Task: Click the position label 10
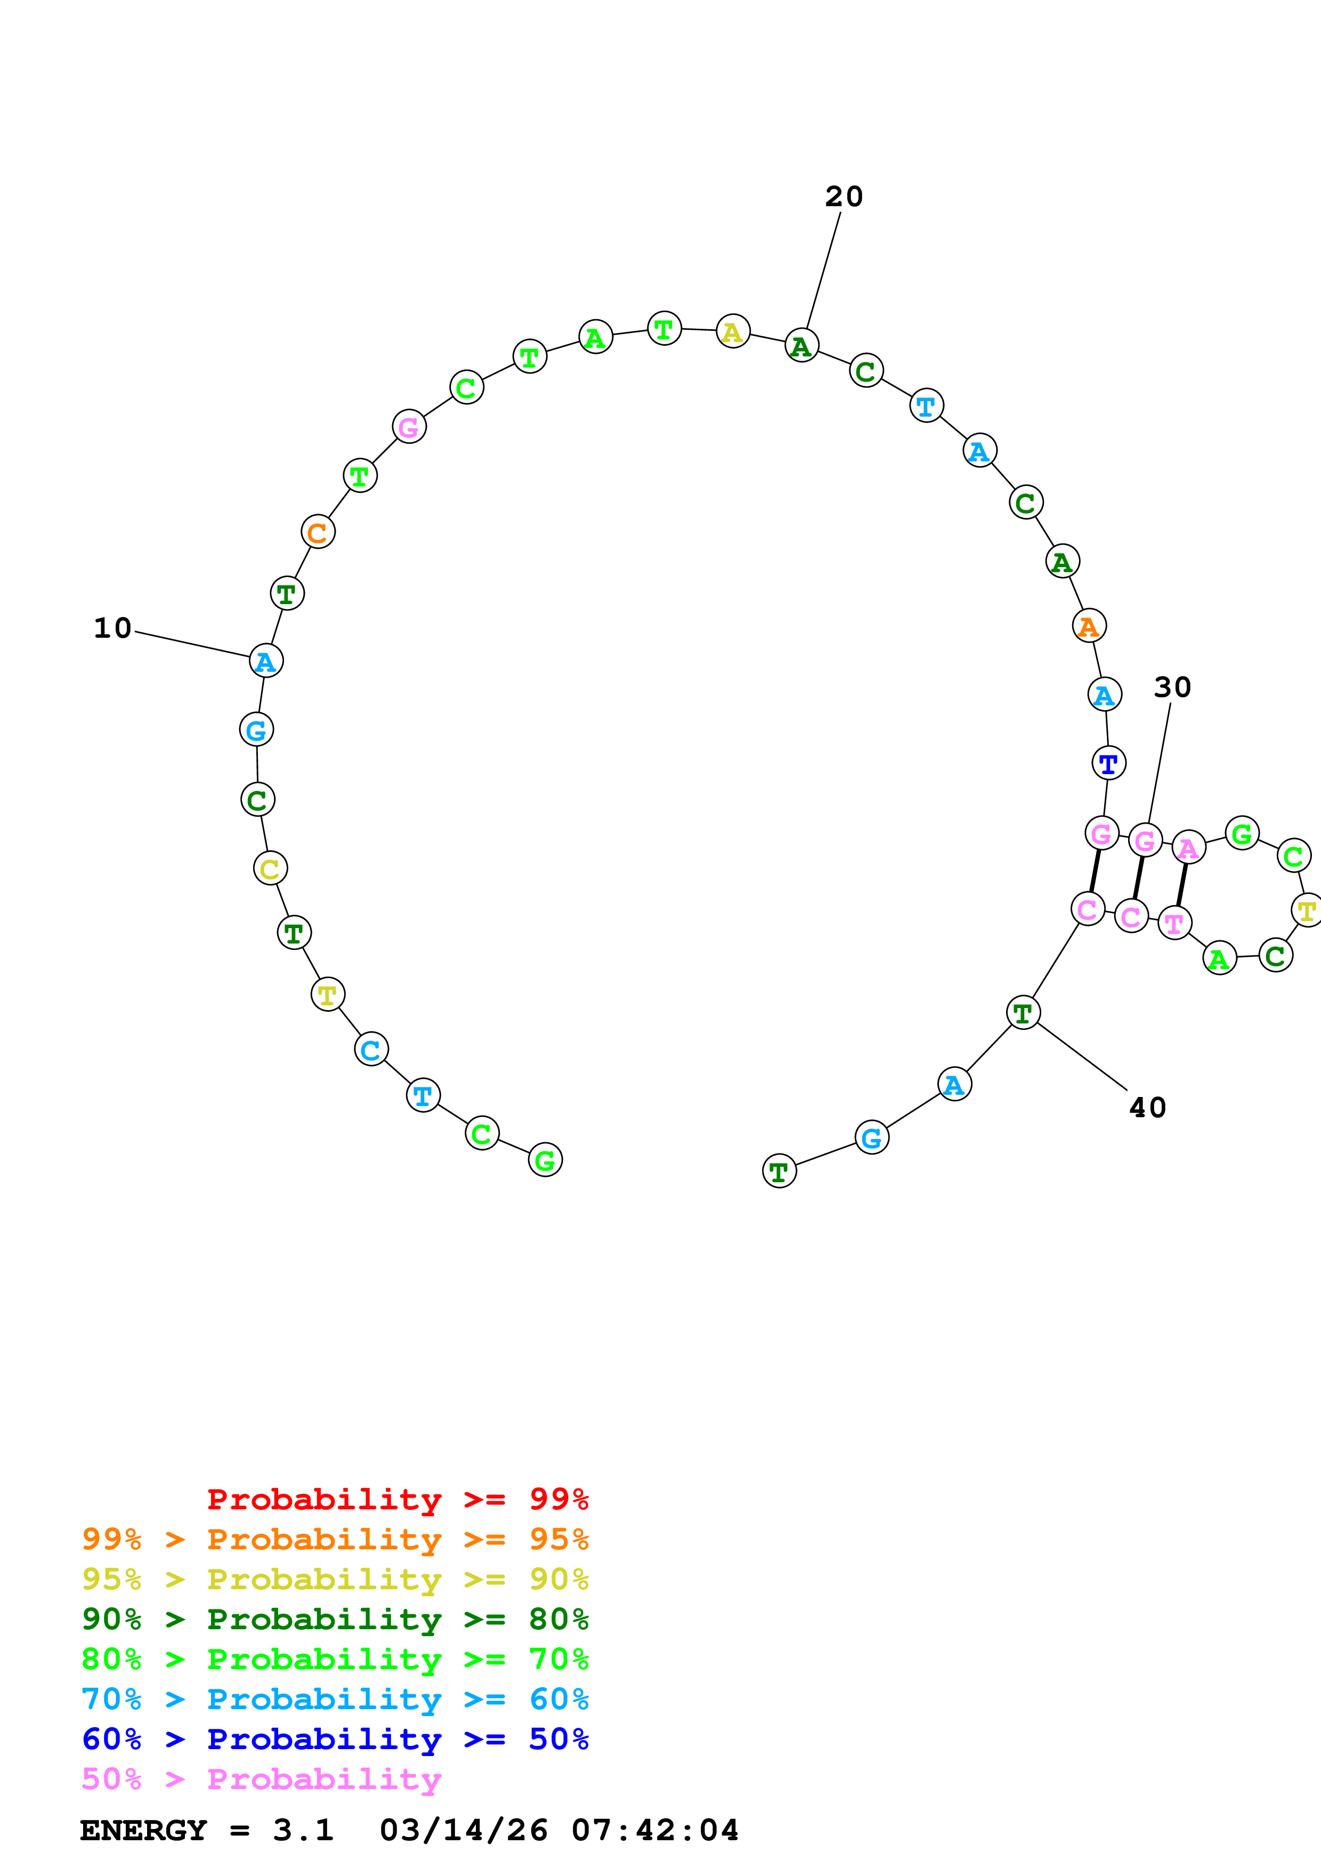112,629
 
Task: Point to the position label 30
1172,688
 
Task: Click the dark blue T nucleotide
1108,763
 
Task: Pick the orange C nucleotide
318,532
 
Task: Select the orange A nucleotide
1089,626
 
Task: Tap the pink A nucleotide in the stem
1188,848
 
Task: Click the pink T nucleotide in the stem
1174,923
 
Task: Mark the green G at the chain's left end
545,1160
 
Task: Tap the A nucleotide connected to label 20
802,346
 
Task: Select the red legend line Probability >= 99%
397,1499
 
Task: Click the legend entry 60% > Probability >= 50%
335,1739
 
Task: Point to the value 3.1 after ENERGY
303,1830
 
